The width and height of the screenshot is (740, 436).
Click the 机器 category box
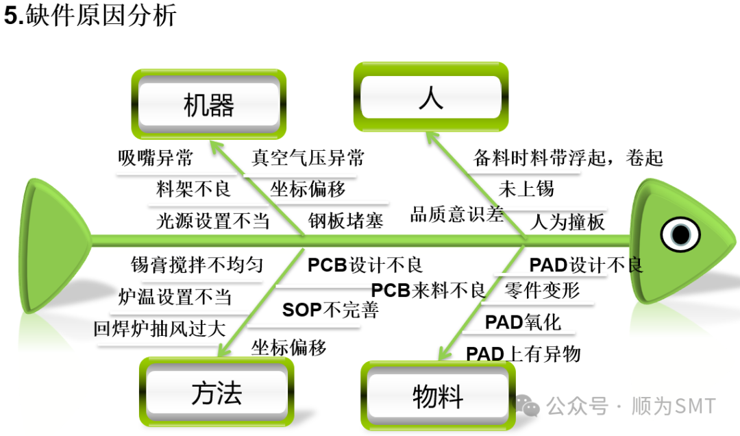[x=209, y=105]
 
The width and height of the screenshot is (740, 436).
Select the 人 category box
[x=430, y=98]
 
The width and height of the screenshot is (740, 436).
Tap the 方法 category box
[x=217, y=393]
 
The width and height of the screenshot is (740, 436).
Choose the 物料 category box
[x=437, y=396]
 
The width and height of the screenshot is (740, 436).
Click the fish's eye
[x=680, y=234]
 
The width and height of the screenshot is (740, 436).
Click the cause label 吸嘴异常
[x=156, y=158]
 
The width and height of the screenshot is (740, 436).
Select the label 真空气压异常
[x=308, y=158]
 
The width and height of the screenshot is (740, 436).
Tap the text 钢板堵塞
[x=345, y=220]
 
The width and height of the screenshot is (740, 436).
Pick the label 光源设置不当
[x=212, y=220]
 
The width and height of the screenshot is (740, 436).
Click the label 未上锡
[x=526, y=188]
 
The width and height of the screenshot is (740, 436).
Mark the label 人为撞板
[x=568, y=222]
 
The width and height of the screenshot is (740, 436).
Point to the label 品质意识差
[x=456, y=215]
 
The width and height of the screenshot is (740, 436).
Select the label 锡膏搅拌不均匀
[x=197, y=265]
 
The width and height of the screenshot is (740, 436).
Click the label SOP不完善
[x=330, y=310]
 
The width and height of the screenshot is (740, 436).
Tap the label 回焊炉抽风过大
[x=160, y=328]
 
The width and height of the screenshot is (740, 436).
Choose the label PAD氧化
[x=523, y=322]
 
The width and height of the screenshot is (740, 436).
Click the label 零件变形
[x=542, y=290]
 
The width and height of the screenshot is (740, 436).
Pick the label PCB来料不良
[x=428, y=290]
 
